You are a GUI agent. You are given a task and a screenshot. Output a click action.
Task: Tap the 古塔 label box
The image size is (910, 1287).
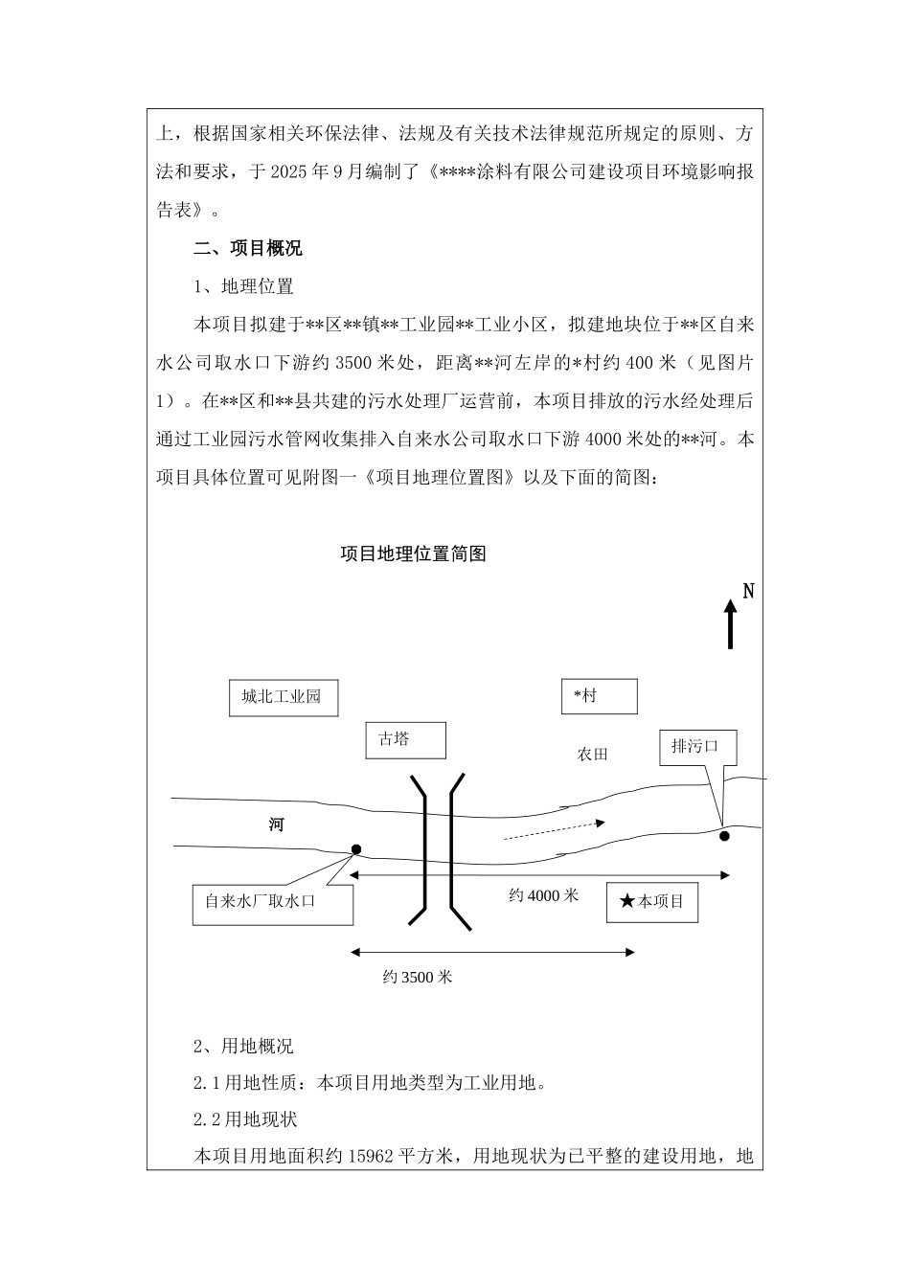(405, 740)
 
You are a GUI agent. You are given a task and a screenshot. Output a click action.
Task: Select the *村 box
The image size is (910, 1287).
(599, 696)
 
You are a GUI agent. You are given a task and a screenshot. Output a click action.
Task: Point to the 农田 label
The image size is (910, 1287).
(592, 755)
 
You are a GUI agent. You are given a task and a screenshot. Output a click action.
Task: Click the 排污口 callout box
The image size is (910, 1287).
(697, 747)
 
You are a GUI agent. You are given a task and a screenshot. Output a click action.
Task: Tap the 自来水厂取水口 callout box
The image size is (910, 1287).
(272, 902)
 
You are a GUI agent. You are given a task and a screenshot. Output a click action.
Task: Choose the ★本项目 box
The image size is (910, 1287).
(651, 902)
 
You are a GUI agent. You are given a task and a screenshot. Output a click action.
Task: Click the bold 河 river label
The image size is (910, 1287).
(276, 824)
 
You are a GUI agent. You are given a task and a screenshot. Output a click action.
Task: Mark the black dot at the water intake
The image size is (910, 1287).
(355, 849)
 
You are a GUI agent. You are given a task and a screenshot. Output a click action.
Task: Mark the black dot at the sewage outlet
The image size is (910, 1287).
(724, 836)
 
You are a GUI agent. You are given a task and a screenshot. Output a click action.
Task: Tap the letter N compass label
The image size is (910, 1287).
(748, 592)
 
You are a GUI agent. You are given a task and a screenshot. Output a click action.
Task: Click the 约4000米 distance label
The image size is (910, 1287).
(543, 896)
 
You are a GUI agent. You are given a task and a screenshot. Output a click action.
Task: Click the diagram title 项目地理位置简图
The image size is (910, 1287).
(414, 554)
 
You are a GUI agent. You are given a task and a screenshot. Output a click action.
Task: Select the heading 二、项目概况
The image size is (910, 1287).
(248, 249)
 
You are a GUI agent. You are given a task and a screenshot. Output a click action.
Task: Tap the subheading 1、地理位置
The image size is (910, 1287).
(243, 287)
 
